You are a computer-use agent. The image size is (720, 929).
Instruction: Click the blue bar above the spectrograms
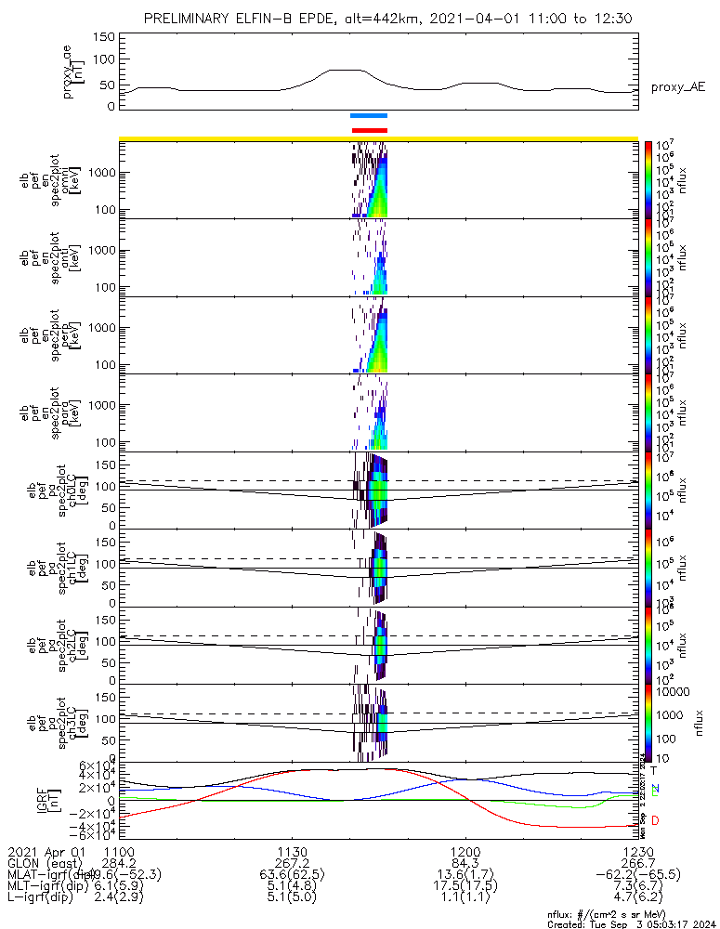pos(369,116)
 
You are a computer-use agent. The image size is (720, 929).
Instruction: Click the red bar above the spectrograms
pos(369,130)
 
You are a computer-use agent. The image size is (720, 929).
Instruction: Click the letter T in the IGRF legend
pos(654,770)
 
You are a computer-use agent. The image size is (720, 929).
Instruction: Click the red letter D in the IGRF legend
pos(655,820)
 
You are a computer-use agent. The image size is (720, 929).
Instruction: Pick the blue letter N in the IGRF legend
pos(655,788)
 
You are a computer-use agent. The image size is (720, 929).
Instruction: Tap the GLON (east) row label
pos(46,863)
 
